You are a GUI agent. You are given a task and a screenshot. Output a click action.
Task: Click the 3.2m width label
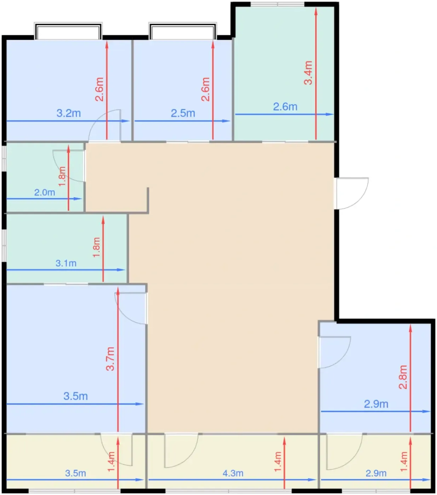point(69,113)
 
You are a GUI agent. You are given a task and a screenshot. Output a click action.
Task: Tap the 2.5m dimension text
point(183,113)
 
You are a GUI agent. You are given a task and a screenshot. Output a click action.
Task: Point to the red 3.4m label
point(308,73)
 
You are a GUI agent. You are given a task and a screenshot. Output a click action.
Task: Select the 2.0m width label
point(45,193)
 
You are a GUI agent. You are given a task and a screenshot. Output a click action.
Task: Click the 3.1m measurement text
point(66,263)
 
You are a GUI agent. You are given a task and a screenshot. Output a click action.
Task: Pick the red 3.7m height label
point(110,359)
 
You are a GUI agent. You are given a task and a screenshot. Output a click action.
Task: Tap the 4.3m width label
point(233,473)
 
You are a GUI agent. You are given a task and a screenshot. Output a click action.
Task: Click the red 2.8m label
point(403,377)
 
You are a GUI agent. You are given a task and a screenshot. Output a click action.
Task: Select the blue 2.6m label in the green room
point(285,107)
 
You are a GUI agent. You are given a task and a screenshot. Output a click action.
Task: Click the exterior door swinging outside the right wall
point(352,193)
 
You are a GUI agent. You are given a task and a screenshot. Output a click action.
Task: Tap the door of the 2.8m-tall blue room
point(334,352)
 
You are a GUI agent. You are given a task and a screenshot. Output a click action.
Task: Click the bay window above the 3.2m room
point(68,31)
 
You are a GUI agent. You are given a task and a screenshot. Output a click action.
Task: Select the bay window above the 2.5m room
point(183,31)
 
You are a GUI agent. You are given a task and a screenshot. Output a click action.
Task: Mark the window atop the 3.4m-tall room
point(277,4)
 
